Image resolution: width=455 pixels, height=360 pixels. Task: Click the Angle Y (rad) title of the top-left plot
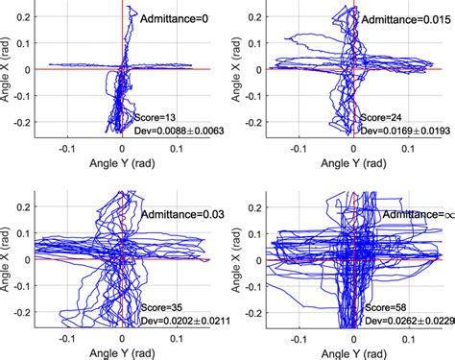coord(122,166)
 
